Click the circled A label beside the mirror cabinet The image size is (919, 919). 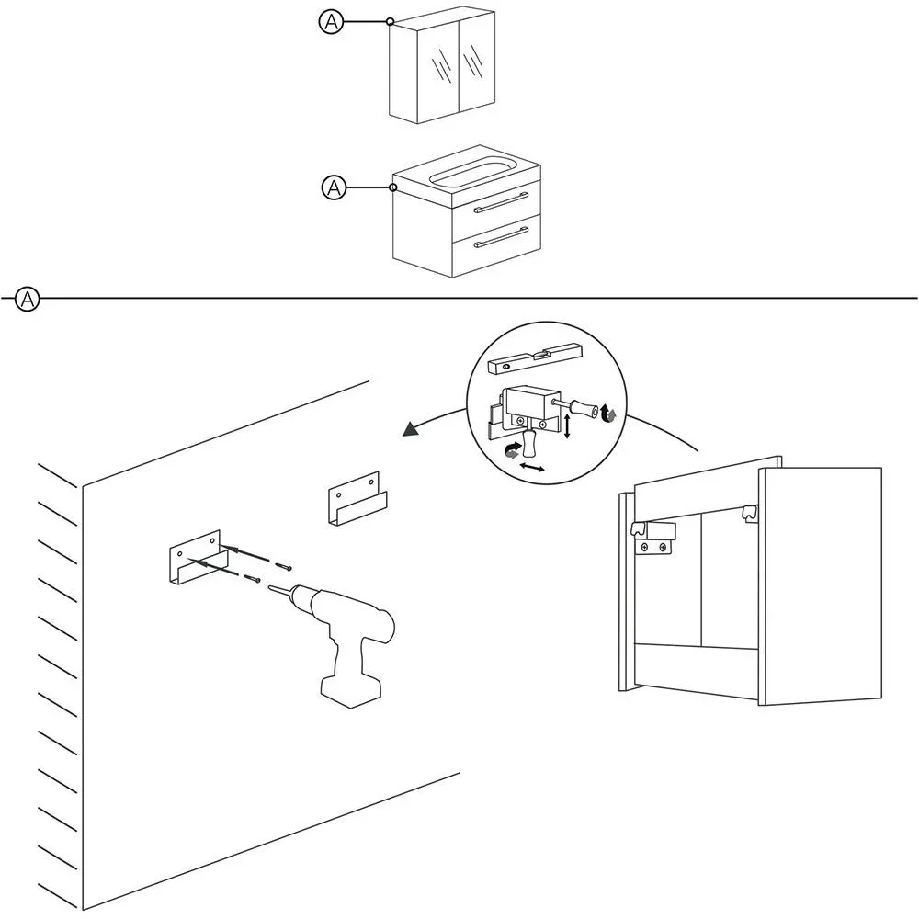point(330,22)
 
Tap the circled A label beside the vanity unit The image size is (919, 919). point(334,188)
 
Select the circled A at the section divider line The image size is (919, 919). point(28,299)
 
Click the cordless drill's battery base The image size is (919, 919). point(348,689)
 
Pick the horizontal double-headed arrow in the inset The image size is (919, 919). point(531,469)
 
